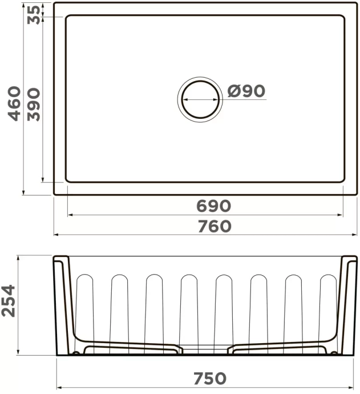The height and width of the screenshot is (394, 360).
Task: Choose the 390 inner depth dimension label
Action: tap(34, 104)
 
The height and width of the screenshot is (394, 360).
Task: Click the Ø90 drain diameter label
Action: tap(246, 91)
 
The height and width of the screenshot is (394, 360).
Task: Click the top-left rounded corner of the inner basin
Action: tap(68, 19)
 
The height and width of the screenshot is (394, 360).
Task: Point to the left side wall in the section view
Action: tap(64, 303)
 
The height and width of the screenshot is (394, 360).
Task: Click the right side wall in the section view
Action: tap(347, 303)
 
